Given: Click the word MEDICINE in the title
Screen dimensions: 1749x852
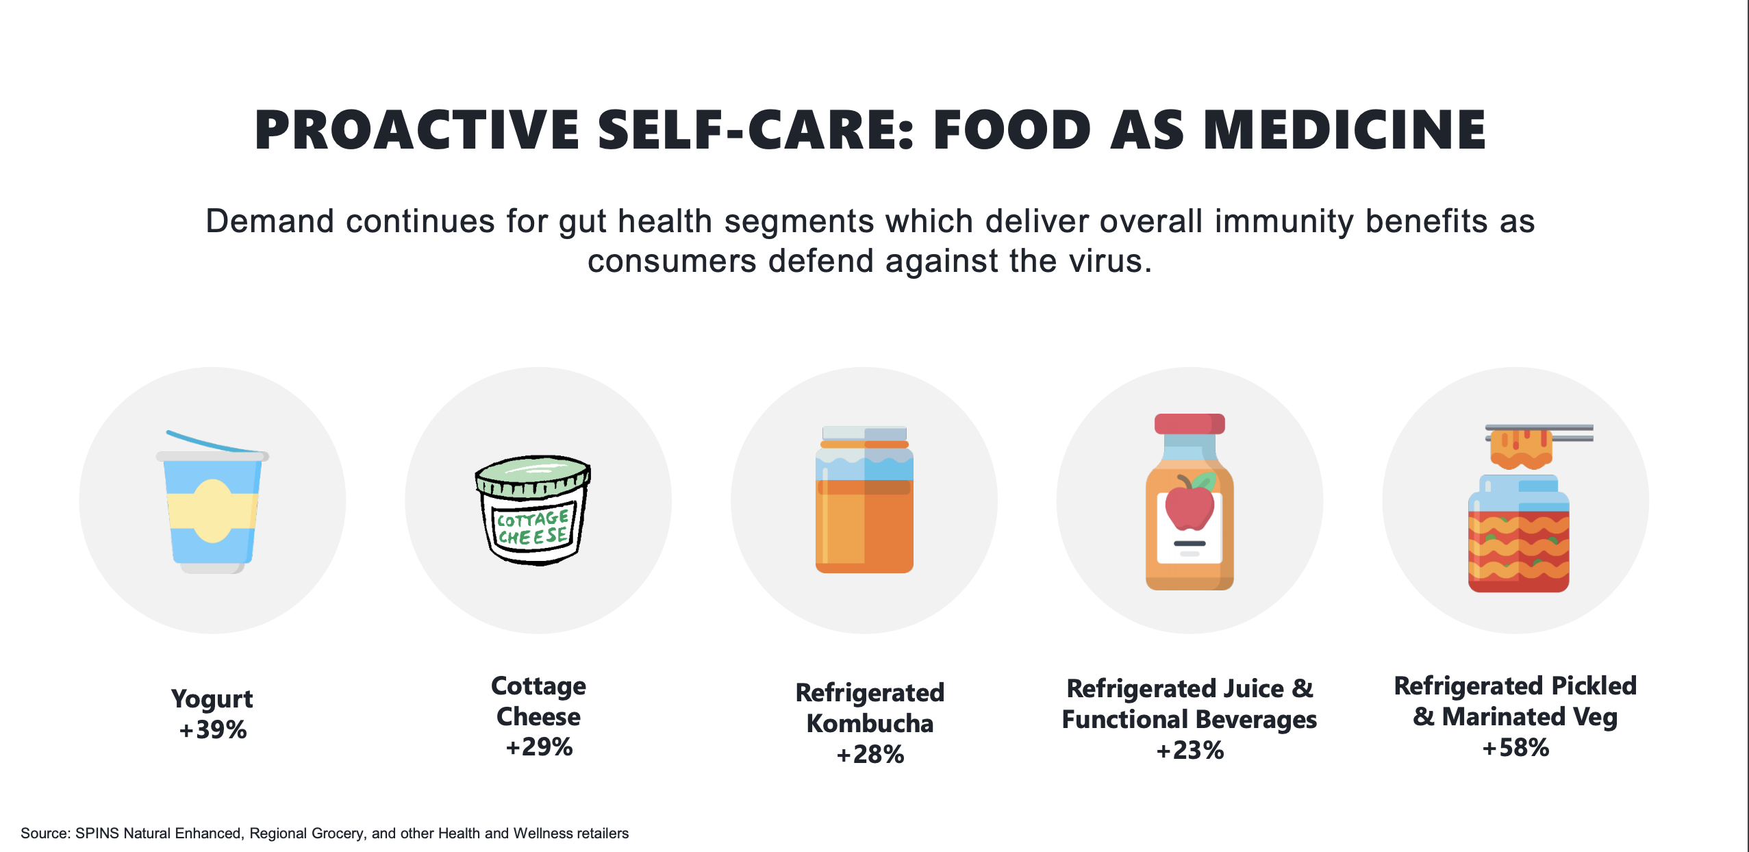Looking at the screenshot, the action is click(x=1344, y=130).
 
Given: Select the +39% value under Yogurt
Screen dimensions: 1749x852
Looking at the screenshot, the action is click(x=212, y=730).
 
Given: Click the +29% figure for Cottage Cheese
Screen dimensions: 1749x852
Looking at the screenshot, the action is click(x=539, y=747).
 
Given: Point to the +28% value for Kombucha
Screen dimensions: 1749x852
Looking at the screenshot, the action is click(x=870, y=755).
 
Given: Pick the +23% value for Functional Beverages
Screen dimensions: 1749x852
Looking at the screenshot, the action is click(x=1190, y=751).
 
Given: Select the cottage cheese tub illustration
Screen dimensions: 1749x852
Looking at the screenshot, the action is click(x=533, y=510).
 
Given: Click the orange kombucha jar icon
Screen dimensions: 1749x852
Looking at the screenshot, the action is click(x=864, y=500).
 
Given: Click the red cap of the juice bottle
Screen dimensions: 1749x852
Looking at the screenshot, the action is click(x=1190, y=424).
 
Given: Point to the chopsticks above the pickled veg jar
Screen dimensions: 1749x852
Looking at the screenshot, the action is click(x=1539, y=433).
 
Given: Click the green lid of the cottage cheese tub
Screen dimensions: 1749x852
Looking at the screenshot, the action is click(x=533, y=473).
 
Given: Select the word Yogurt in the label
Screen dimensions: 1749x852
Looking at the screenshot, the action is click(x=212, y=699).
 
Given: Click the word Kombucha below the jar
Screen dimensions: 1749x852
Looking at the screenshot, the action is click(x=870, y=724).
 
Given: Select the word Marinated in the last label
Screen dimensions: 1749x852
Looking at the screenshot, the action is click(x=1504, y=717).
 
